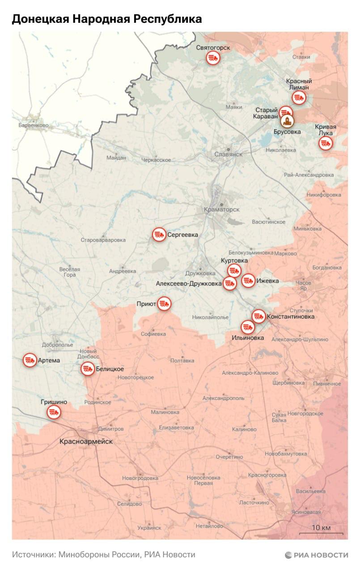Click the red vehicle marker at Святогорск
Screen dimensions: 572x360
(213, 58)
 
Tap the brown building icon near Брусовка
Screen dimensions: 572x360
(287, 121)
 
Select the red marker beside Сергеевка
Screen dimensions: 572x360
(159, 235)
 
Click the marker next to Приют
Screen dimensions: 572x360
(164, 304)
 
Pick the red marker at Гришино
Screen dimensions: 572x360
(55, 412)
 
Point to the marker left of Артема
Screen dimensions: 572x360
(30, 360)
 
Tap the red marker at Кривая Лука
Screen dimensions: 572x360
(326, 143)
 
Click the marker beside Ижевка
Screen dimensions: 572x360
(248, 281)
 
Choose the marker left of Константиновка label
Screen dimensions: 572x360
(258, 316)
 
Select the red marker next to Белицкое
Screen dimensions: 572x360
(88, 369)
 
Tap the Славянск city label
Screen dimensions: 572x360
(228, 154)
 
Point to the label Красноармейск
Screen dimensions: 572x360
(86, 442)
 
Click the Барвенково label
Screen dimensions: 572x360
(34, 126)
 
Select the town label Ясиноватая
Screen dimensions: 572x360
(306, 512)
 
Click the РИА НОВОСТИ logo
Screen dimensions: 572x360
(316, 555)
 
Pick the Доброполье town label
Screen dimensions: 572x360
(57, 345)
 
